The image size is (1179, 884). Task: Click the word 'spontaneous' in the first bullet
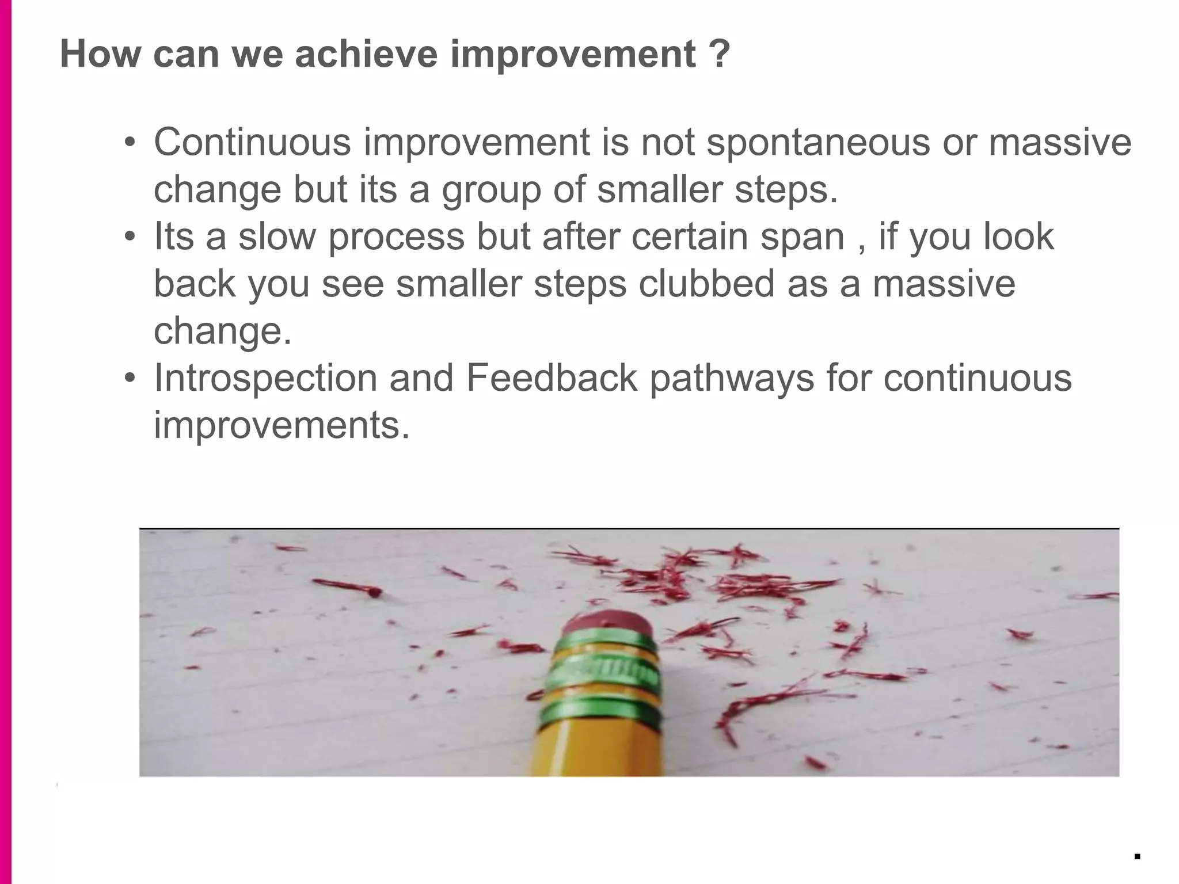[817, 142]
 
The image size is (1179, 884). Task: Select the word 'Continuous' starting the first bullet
[252, 142]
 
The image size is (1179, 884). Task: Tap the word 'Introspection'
[265, 378]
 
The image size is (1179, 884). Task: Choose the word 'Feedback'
[552, 378]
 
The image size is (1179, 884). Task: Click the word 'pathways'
[732, 378]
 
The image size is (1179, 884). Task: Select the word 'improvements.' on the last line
[282, 425]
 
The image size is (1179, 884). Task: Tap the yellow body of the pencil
[599, 748]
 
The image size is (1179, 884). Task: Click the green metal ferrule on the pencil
[602, 673]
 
